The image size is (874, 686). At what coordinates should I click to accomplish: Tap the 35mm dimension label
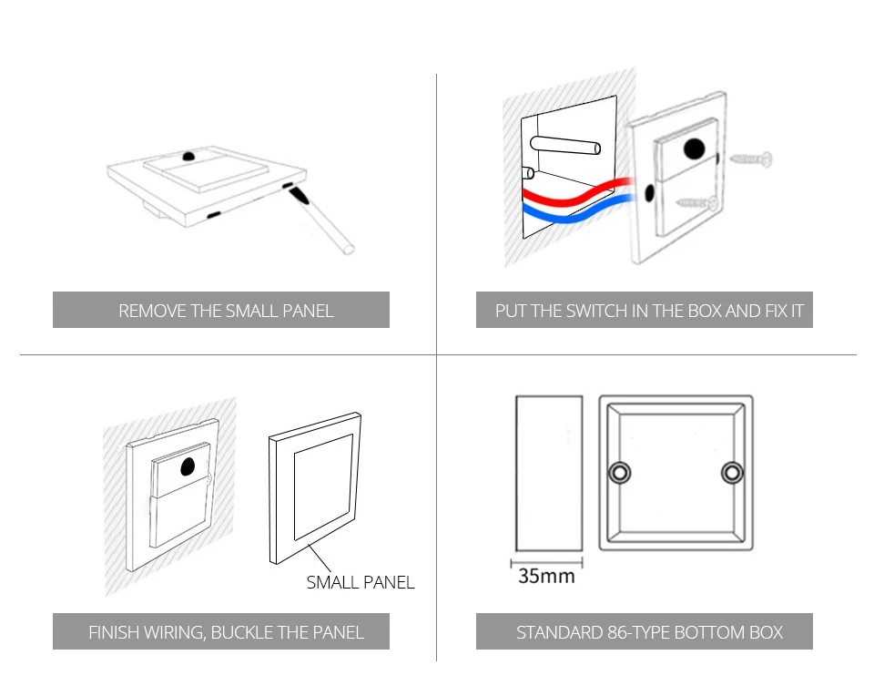coord(546,576)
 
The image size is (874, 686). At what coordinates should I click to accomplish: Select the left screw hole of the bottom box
coord(619,473)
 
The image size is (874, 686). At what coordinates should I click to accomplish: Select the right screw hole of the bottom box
coord(732,473)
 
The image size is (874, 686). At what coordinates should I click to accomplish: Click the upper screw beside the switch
coord(752,159)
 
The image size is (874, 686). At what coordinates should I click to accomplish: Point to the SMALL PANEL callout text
coord(361,582)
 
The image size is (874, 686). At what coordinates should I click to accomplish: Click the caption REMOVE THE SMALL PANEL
coord(226,311)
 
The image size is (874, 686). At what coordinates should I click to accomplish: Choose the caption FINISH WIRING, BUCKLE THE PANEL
coord(226,632)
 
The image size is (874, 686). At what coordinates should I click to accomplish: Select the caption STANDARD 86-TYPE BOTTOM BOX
coord(649,632)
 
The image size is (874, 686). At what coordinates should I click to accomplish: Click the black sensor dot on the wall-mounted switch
coord(188,466)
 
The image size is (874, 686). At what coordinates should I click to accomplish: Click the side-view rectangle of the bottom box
coord(549,474)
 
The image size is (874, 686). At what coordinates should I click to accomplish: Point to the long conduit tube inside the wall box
coord(565,145)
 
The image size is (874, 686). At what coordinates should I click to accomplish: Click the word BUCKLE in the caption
coord(242,632)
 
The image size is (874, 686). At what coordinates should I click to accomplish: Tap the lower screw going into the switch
coord(696,203)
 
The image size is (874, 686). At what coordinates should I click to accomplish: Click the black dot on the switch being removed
coord(189,156)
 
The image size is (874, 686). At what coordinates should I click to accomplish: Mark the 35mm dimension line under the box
coord(546,563)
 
